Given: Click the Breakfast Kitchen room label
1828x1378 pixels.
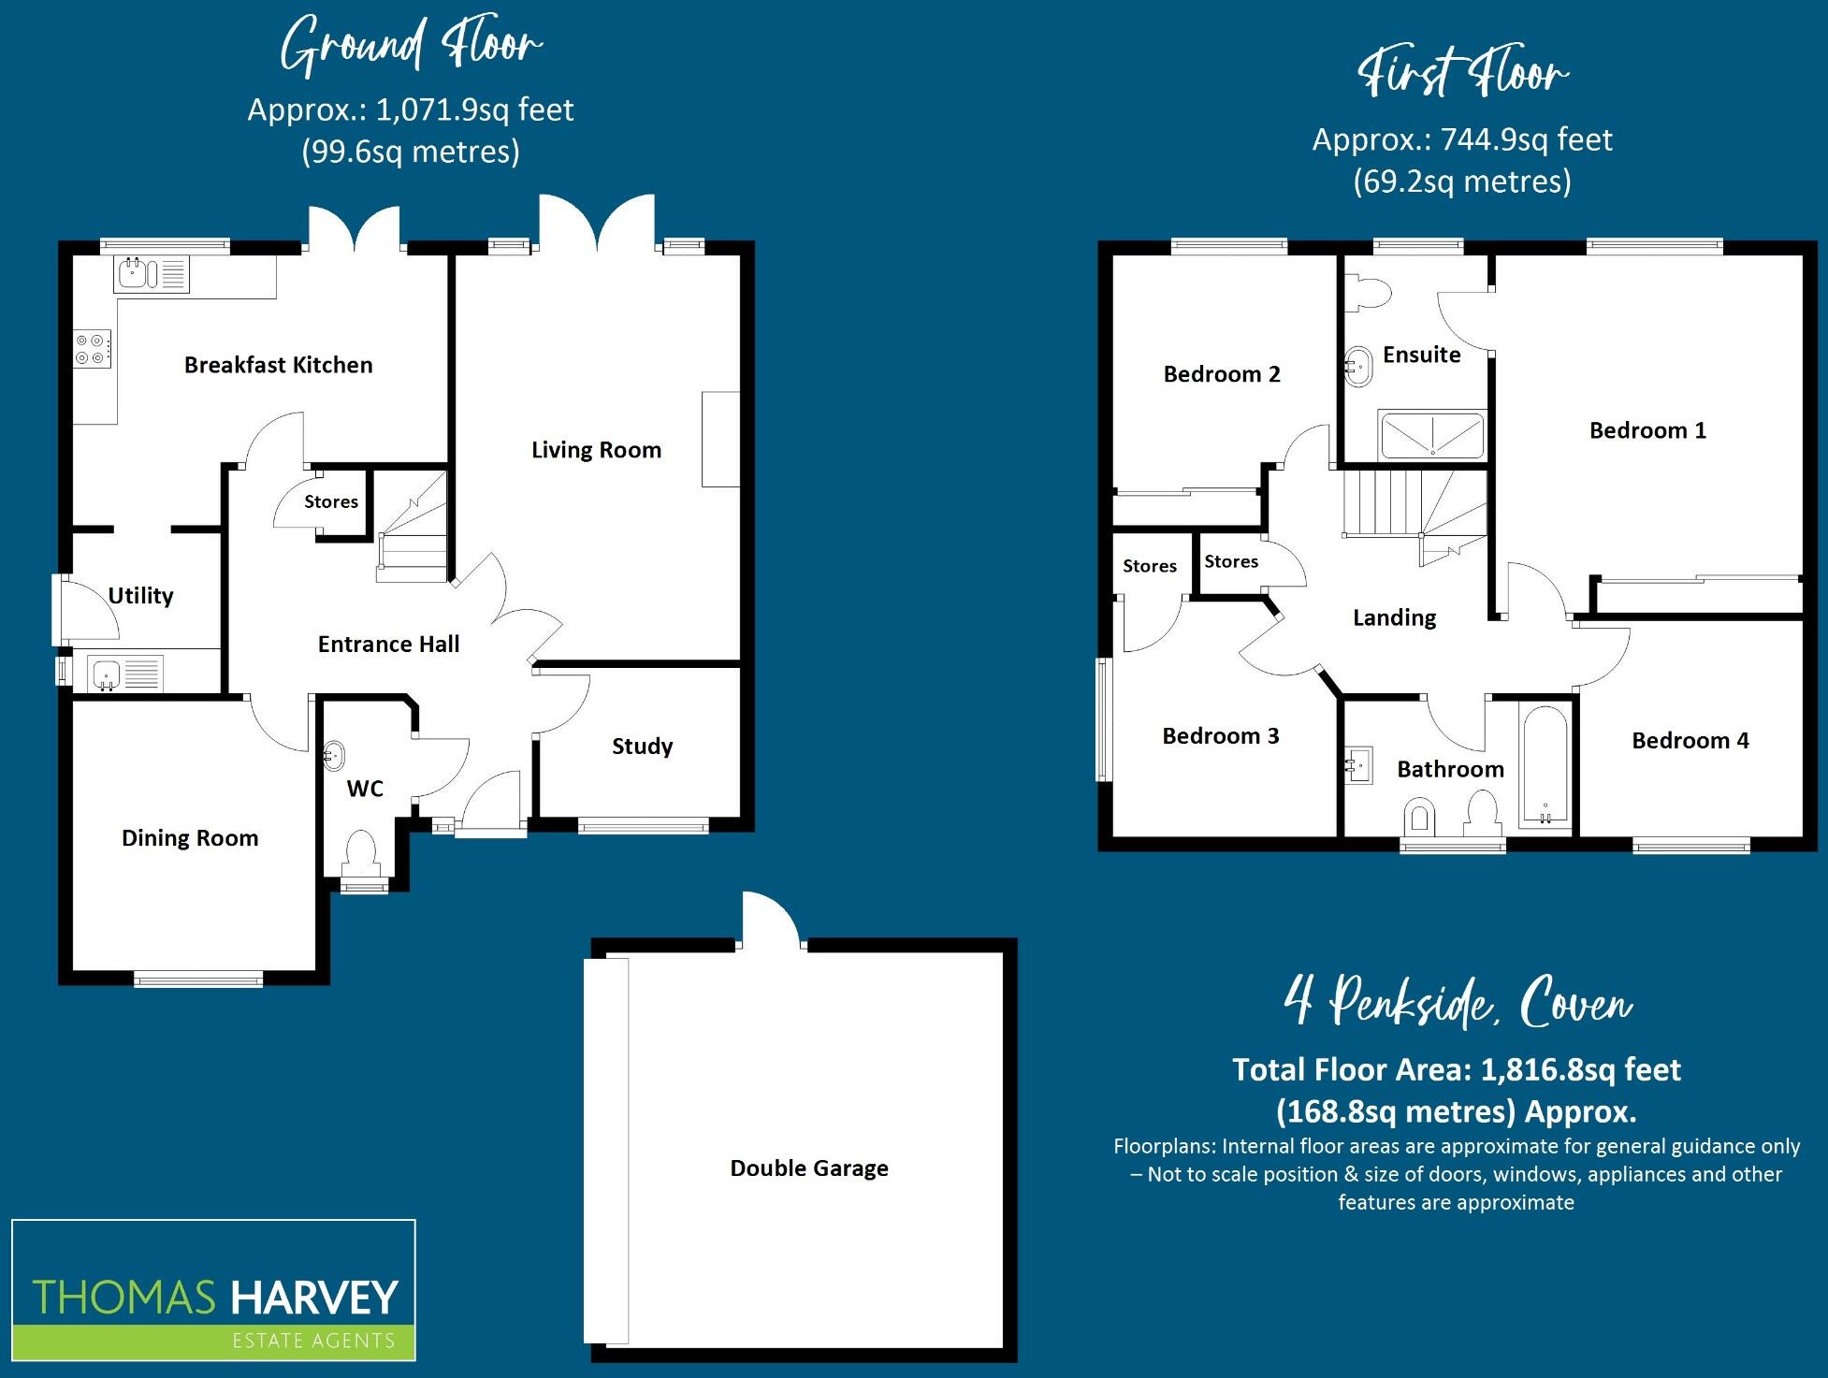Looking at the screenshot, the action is click(x=278, y=365).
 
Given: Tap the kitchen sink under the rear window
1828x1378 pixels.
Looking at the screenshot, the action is click(x=152, y=274).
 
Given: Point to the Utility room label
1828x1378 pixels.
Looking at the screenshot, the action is click(x=140, y=596).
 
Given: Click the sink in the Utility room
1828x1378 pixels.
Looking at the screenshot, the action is click(x=125, y=674).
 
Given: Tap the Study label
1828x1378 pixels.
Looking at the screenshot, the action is click(x=642, y=747).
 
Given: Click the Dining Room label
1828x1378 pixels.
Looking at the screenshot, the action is click(x=190, y=838).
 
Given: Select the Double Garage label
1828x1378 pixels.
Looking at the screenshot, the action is click(x=809, y=1168).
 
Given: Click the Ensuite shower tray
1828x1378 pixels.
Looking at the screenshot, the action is click(x=1432, y=436).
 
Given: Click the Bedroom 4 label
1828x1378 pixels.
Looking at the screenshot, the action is click(x=1690, y=741).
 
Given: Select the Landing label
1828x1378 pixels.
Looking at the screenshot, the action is click(x=1394, y=617).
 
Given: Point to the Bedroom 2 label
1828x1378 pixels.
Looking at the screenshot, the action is click(x=1221, y=374).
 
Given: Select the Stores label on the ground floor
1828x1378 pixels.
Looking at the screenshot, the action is click(x=331, y=501).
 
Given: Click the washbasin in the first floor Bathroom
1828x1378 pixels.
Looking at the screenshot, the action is click(x=1358, y=765).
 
